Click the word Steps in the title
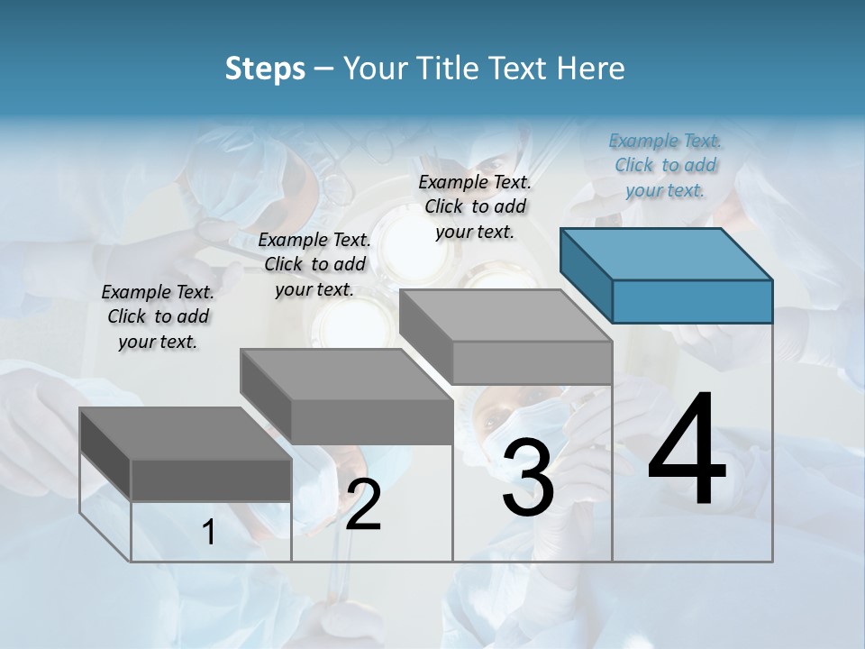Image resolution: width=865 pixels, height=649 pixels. click(x=265, y=69)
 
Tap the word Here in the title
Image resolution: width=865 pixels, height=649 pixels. click(x=591, y=69)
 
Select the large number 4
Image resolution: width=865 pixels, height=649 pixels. click(x=687, y=451)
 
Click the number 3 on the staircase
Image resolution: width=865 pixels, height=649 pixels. click(x=528, y=478)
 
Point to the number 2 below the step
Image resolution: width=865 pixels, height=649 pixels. click(x=363, y=505)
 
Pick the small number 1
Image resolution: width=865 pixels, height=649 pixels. click(x=209, y=533)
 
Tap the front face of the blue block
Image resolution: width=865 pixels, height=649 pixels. click(x=692, y=301)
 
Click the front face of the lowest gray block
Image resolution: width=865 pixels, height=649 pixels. click(x=211, y=480)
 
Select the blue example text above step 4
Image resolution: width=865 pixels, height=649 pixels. click(x=665, y=165)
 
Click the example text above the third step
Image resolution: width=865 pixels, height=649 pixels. click(x=475, y=206)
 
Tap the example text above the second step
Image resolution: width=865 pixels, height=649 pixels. click(x=314, y=264)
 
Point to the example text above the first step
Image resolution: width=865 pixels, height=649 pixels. click(x=158, y=316)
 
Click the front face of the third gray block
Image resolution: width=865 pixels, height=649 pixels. click(x=532, y=362)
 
